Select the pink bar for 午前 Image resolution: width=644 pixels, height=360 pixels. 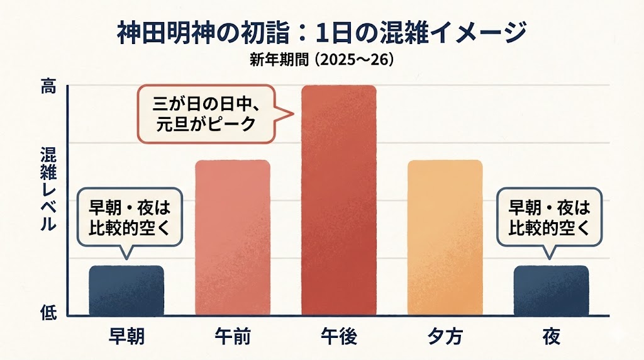click(x=233, y=237)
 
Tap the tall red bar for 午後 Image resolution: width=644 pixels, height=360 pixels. click(x=339, y=200)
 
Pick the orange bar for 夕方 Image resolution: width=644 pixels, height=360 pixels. click(x=445, y=237)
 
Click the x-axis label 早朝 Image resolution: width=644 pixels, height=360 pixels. click(x=126, y=336)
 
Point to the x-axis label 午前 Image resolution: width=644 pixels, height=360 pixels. click(x=233, y=336)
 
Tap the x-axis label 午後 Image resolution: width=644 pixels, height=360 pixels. click(x=339, y=336)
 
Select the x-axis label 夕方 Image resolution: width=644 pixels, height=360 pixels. click(x=445, y=336)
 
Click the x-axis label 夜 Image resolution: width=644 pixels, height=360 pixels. click(x=551, y=336)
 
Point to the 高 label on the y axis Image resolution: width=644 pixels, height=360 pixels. click(x=48, y=87)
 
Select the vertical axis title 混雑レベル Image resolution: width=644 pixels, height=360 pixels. click(x=48, y=189)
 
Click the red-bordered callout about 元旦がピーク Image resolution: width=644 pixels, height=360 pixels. click(x=211, y=111)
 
